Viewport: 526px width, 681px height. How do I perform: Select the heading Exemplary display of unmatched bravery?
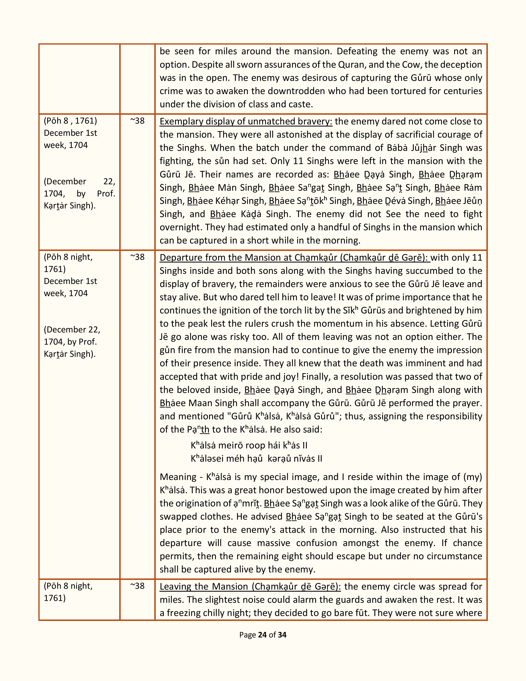[x=246, y=121]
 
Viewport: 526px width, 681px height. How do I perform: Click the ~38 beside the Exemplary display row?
[x=137, y=121]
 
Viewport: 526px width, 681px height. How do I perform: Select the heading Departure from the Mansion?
[x=295, y=258]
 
